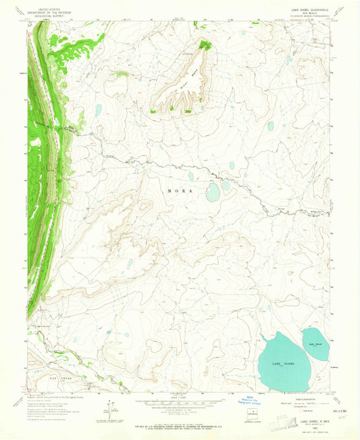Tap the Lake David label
coord(313,344)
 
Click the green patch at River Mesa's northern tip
coord(205,46)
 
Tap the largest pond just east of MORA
coord(213,193)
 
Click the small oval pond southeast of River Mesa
coord(270,126)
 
